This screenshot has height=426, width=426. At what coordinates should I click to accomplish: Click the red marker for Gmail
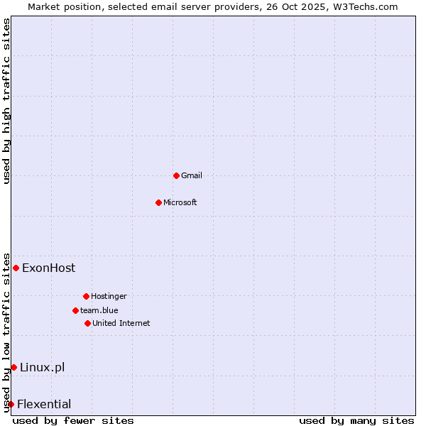176,175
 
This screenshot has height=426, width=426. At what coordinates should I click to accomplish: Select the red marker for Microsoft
158,202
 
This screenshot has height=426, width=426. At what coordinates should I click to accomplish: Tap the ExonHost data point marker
16,268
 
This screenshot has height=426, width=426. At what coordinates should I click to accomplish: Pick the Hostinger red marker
86,296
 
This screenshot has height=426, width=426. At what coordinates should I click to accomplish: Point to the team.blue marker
75,310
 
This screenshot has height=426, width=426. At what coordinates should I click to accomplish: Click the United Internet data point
87,323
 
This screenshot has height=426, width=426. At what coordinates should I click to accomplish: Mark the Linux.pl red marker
13,367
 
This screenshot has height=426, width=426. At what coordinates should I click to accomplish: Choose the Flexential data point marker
11,404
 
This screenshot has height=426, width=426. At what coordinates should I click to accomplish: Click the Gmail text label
192,175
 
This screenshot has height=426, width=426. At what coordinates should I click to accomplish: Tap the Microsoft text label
180,202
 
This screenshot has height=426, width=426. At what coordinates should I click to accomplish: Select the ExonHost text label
48,268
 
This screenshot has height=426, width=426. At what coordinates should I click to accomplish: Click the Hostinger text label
109,296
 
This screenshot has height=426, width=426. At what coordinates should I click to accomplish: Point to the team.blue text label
99,310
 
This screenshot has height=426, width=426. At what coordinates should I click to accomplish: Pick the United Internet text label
121,323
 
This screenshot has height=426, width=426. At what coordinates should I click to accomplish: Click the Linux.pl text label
42,367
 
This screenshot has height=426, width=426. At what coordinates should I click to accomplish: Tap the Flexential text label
44,404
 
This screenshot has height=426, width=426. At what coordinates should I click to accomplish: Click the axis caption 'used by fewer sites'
73,420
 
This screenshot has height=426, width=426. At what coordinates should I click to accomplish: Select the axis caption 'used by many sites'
356,420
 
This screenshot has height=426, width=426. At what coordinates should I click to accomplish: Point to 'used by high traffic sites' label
6,101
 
